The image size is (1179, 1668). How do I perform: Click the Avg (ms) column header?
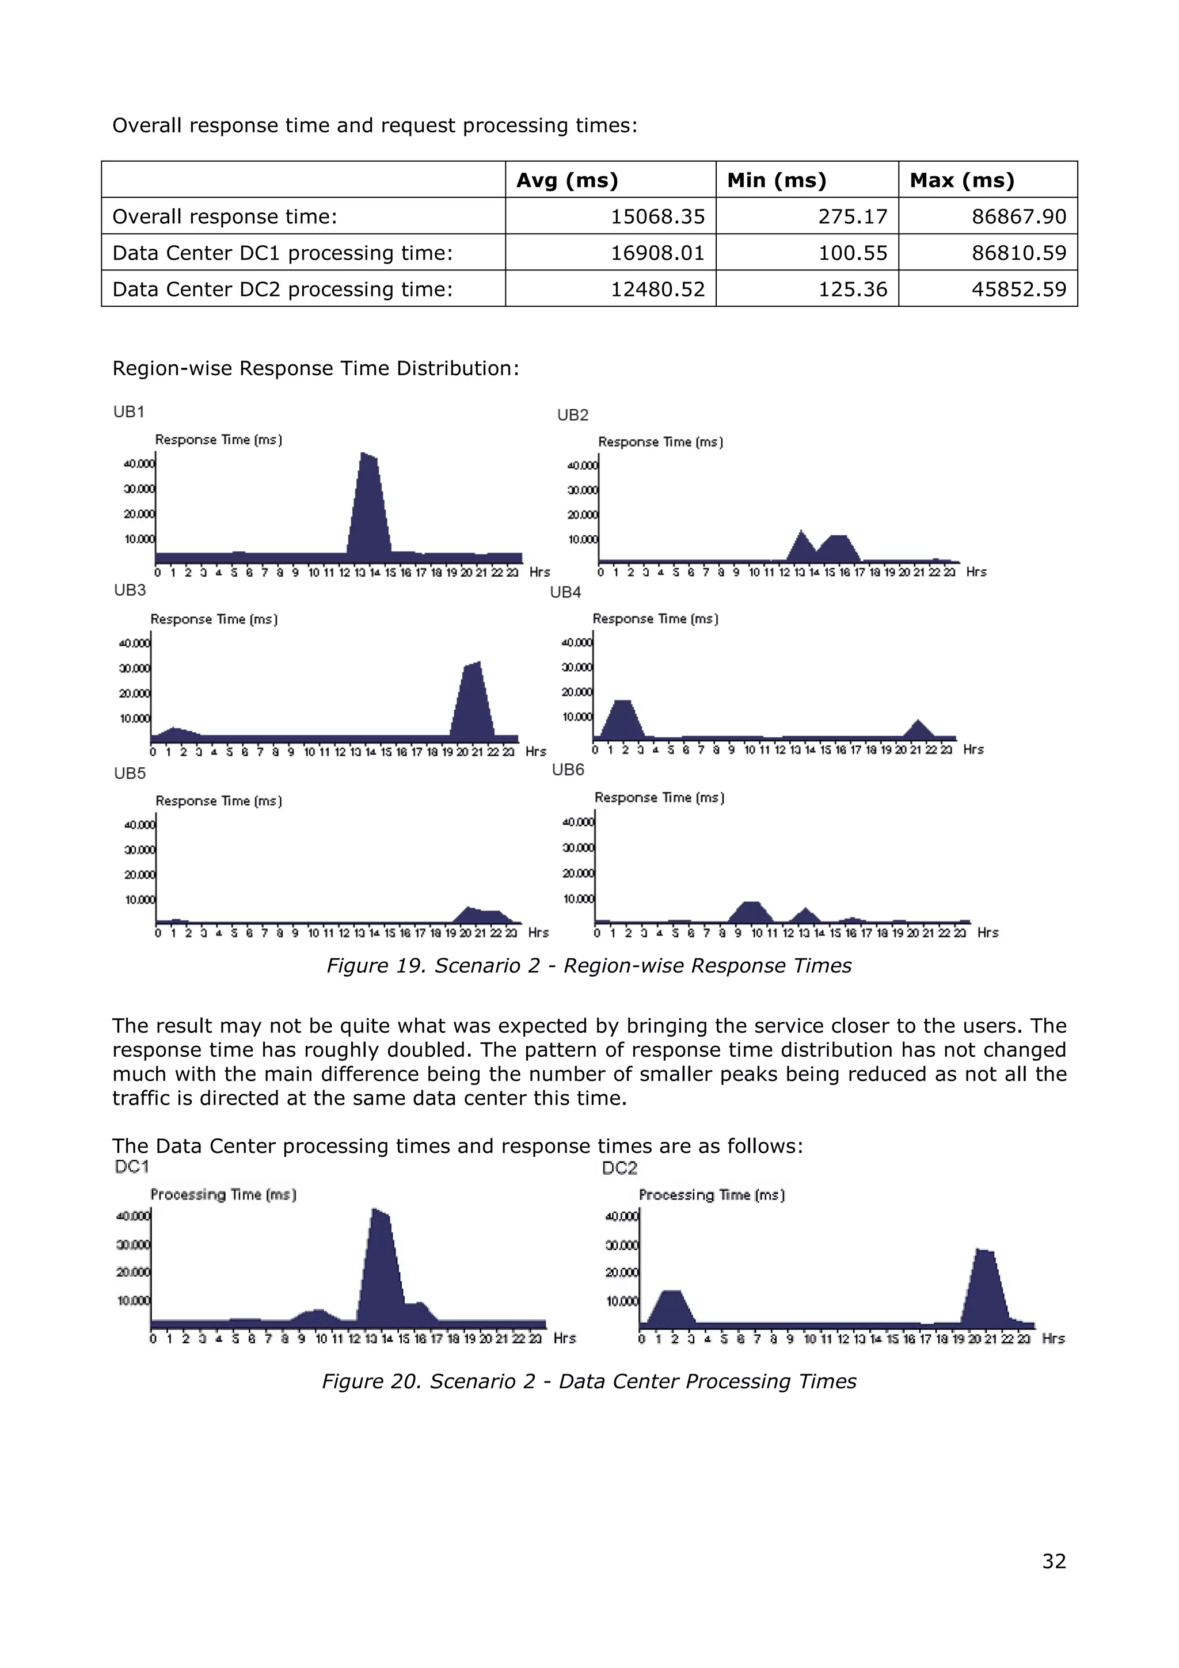pos(566,180)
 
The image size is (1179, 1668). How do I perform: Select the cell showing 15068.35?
pos(657,216)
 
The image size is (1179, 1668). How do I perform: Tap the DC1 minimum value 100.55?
pos(852,253)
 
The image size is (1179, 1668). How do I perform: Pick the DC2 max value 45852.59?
pos(1018,289)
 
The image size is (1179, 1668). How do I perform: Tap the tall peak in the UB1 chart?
pos(370,509)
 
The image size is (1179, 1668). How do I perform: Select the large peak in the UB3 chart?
pos(472,701)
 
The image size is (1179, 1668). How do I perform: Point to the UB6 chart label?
pos(568,770)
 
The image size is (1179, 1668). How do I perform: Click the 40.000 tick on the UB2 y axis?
pos(582,466)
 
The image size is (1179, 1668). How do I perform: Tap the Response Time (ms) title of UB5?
pos(219,801)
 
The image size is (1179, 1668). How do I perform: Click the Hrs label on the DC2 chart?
pos(1052,1338)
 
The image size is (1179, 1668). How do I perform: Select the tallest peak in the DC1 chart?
pos(381,1264)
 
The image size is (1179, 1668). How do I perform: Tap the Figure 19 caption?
pos(588,965)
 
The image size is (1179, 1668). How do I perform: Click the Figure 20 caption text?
pos(588,1381)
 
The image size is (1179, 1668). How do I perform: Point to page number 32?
pos(1054,1561)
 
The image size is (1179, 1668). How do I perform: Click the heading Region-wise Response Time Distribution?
pos(315,368)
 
